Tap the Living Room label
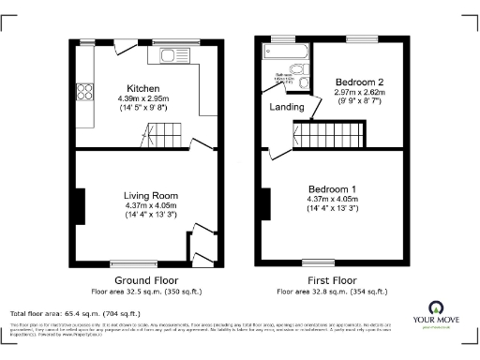tap(151, 196)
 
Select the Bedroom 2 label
tap(360, 82)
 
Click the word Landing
tap(286, 108)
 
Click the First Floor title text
tap(332, 280)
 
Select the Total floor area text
tap(75, 313)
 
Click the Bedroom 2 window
tap(361, 38)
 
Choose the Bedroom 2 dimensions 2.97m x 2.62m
tap(360, 94)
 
